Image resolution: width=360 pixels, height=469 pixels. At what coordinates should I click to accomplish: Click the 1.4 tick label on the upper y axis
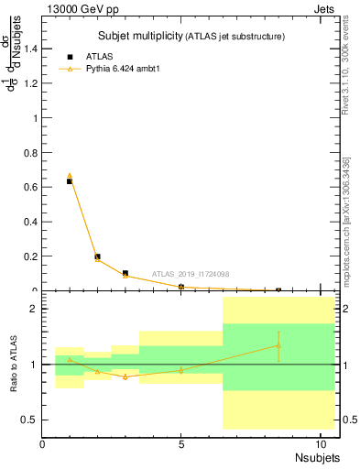(30, 49)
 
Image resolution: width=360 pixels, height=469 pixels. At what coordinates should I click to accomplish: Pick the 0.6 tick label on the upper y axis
(30, 187)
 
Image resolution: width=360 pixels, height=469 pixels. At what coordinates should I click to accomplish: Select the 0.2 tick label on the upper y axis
(30, 256)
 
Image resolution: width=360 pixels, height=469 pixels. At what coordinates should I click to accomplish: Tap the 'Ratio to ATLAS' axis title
(14, 365)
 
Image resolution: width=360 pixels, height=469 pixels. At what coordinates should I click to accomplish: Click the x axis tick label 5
(181, 445)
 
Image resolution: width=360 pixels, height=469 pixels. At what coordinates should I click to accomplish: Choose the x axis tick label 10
(319, 445)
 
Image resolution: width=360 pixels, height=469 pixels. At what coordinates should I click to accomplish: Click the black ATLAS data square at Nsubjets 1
(70, 181)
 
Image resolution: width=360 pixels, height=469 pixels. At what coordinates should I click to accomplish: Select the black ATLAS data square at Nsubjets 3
(125, 273)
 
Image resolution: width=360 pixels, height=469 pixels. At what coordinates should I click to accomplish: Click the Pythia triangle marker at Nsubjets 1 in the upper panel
(70, 175)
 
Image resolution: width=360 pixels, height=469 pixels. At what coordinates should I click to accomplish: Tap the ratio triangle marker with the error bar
(278, 345)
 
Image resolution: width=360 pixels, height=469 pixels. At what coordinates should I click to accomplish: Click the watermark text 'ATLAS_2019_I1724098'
(191, 273)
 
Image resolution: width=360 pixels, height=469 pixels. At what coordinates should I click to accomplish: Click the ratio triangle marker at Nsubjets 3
(125, 376)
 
